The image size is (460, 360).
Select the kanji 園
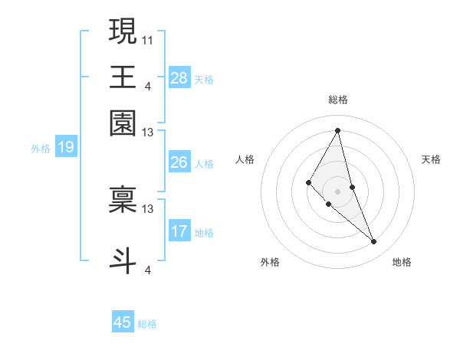click(x=123, y=123)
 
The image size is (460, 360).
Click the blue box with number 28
click(x=179, y=78)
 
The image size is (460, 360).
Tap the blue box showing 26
click(x=179, y=162)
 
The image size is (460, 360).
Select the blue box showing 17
click(x=179, y=232)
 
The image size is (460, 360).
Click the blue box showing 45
click(x=123, y=322)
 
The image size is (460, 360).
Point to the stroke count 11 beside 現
click(x=148, y=39)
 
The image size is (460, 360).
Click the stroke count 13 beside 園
click(x=148, y=133)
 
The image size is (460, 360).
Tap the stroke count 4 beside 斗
click(x=148, y=269)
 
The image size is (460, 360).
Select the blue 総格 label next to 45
click(x=147, y=324)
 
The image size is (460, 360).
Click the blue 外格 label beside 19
click(x=40, y=149)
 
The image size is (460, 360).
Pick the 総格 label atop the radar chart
click(x=337, y=100)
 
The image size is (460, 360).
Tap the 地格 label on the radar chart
click(x=402, y=262)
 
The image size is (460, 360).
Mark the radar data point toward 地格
click(x=374, y=242)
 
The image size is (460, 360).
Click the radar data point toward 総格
click(x=338, y=130)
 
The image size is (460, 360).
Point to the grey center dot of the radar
click(x=337, y=191)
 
